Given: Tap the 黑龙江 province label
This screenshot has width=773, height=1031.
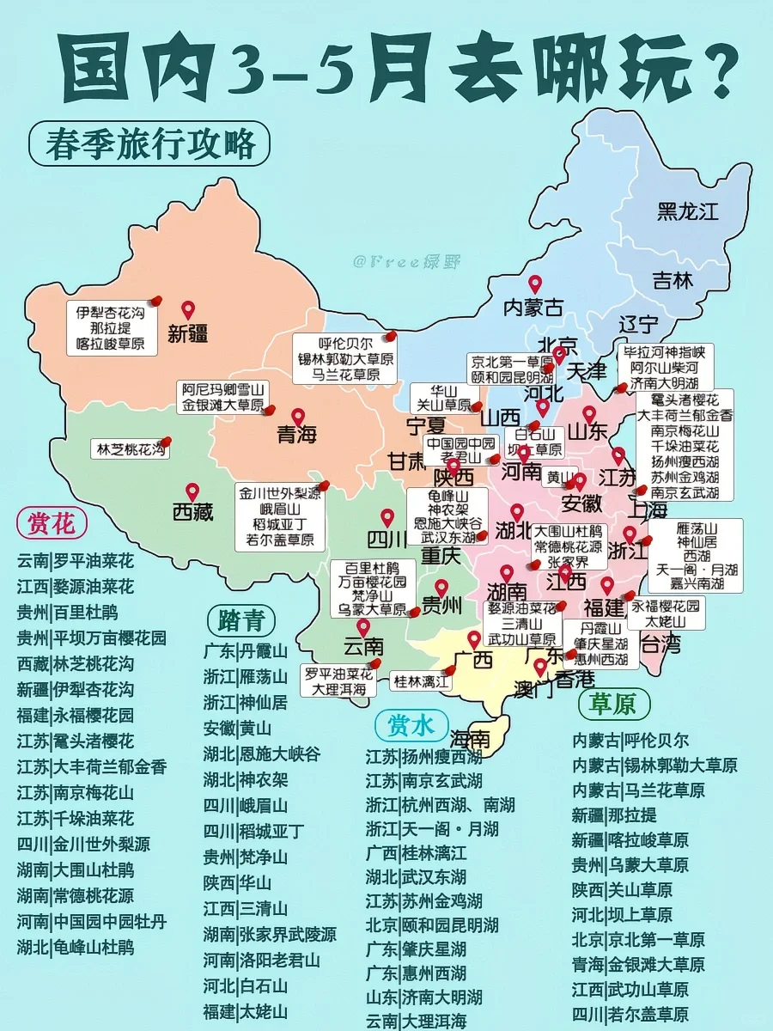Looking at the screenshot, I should click(x=687, y=211).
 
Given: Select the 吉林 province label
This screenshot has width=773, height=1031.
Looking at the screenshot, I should click(x=673, y=280).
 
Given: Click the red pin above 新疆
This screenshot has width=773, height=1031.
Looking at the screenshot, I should click(x=188, y=310).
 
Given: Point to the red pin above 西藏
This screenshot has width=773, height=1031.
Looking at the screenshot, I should click(x=192, y=491).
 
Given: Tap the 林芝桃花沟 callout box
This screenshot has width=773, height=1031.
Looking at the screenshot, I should click(x=131, y=448).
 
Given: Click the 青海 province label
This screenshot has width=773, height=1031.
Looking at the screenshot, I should click(x=297, y=435).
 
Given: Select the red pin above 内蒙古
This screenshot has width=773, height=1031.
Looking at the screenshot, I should click(x=534, y=284).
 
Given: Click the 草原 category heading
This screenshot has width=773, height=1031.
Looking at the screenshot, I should click(x=612, y=705).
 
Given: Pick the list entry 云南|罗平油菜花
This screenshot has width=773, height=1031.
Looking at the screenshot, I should click(x=76, y=561).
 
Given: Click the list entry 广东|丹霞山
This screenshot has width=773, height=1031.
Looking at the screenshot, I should click(x=246, y=650).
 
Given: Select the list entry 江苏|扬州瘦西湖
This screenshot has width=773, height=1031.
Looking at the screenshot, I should click(x=423, y=757).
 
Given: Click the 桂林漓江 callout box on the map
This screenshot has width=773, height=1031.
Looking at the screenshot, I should click(x=421, y=682).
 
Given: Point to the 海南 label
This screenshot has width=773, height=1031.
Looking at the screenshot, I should click(x=470, y=738).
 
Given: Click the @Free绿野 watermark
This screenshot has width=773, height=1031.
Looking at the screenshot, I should click(x=394, y=261).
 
